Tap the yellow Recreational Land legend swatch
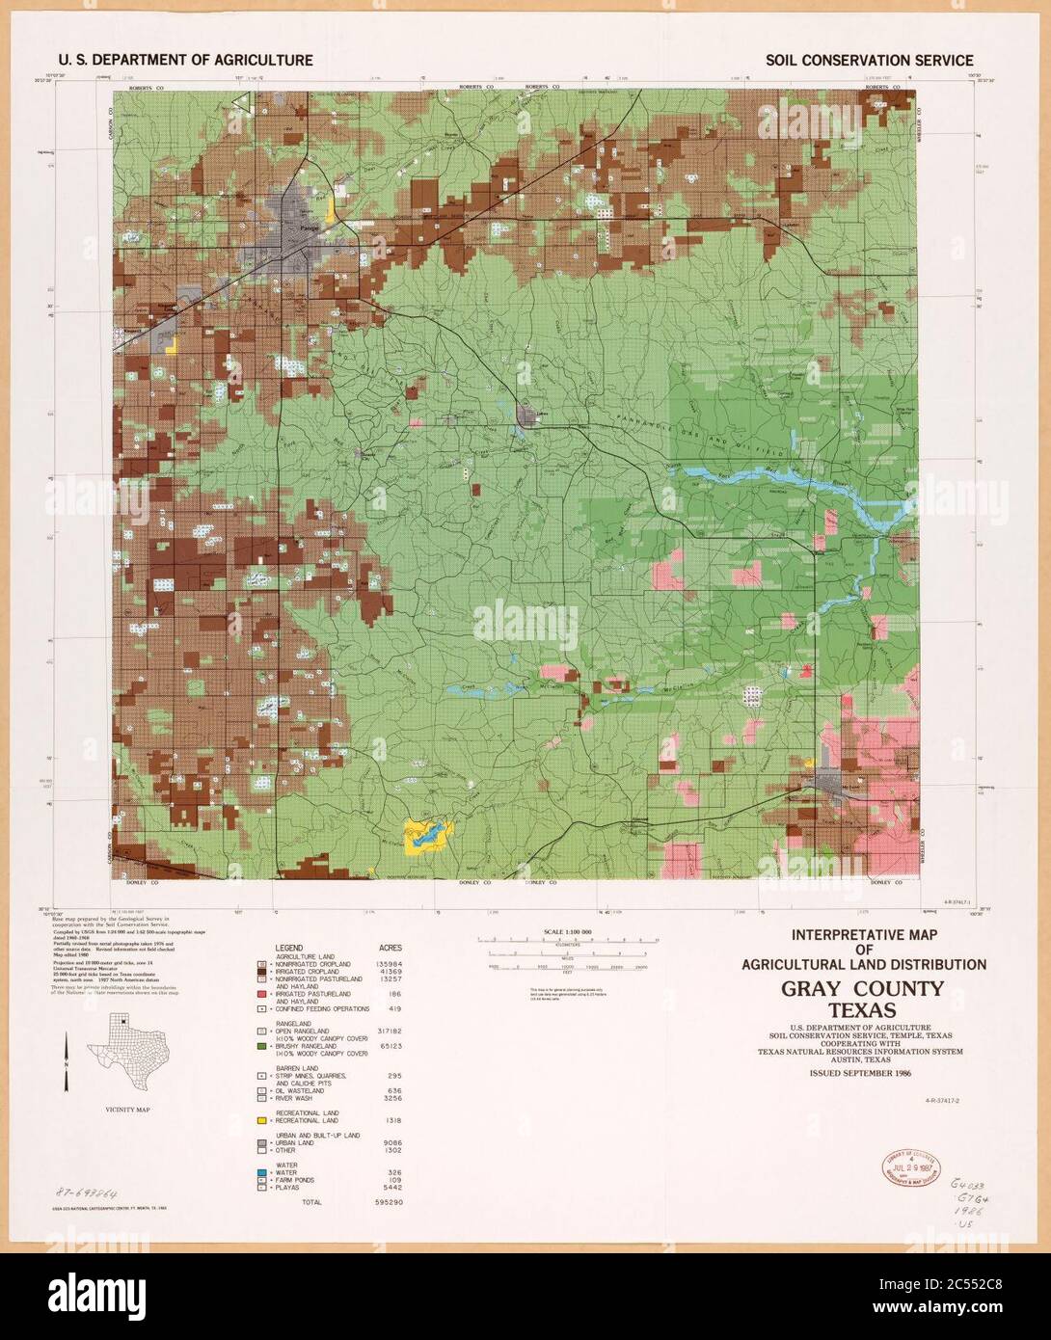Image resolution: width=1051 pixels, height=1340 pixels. pos(261,1121)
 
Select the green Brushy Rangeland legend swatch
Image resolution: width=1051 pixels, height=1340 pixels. pos(261,1046)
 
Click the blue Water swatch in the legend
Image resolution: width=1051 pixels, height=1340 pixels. pos(261,1171)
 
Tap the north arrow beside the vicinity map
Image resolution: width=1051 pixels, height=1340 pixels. pos(67,1060)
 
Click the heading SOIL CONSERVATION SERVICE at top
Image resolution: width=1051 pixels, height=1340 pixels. pos(869,60)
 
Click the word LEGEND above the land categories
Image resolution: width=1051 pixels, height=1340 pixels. pos(290,949)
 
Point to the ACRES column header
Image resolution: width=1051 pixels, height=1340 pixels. pos(390,949)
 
